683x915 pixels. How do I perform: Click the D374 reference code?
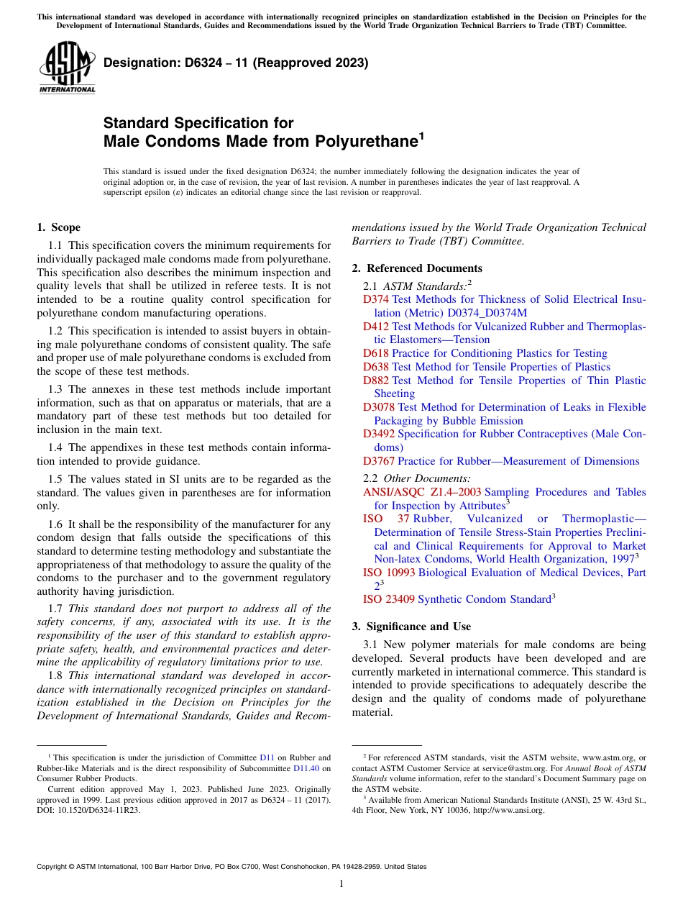pyautogui.click(x=375, y=299)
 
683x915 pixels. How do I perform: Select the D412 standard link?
pyautogui.click(x=375, y=327)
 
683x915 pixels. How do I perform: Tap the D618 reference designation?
pyautogui.click(x=375, y=353)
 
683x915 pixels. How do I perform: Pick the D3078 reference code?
pyautogui.click(x=379, y=407)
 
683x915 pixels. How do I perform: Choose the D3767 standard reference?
pyautogui.click(x=379, y=461)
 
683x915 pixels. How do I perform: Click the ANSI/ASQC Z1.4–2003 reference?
pyautogui.click(x=422, y=492)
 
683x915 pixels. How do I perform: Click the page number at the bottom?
pyautogui.click(x=341, y=884)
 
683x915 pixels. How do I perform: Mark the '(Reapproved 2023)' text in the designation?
pyautogui.click(x=309, y=63)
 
